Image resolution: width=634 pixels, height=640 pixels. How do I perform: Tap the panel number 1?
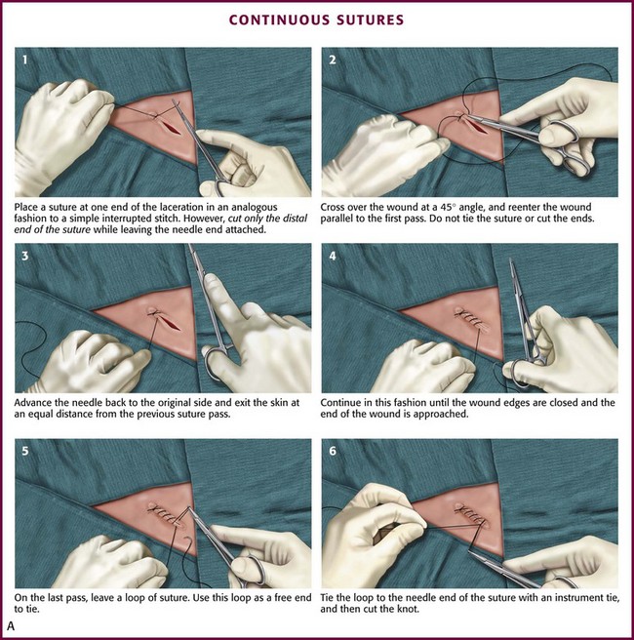(25, 60)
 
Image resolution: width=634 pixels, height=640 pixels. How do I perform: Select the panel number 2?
(333, 60)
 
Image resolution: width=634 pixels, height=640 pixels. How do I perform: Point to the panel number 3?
(25, 256)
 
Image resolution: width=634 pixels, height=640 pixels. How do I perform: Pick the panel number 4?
(333, 256)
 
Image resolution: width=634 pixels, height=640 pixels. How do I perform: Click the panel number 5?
(25, 451)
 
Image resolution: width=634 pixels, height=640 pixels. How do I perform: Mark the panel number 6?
(333, 451)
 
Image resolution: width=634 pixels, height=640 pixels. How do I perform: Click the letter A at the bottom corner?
(11, 626)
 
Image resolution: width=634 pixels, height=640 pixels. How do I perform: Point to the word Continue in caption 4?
(340, 403)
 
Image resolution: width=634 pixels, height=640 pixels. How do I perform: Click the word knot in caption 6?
(409, 610)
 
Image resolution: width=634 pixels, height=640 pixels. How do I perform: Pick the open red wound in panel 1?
(171, 127)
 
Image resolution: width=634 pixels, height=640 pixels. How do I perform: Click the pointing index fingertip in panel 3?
(211, 280)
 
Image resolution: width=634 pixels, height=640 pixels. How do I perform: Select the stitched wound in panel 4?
(470, 319)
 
